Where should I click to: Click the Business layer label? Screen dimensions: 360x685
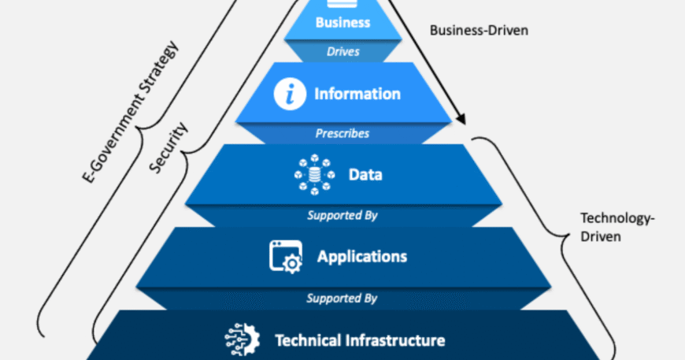click(x=342, y=22)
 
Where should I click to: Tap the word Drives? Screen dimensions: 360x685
click(x=342, y=51)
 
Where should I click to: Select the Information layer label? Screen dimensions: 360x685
click(x=357, y=94)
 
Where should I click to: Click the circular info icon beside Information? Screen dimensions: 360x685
click(x=289, y=95)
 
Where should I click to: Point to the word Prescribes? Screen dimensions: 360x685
click(x=342, y=133)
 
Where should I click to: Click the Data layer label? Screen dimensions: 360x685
click(x=365, y=174)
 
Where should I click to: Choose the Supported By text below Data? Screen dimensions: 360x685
click(x=342, y=214)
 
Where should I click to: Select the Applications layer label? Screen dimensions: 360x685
click(x=362, y=256)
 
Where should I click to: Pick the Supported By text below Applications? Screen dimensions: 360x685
click(x=342, y=299)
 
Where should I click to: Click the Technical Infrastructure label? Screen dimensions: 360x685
click(x=360, y=340)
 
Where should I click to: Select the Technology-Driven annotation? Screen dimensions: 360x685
click(x=606, y=226)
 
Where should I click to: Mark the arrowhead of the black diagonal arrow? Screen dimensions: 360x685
click(x=463, y=121)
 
